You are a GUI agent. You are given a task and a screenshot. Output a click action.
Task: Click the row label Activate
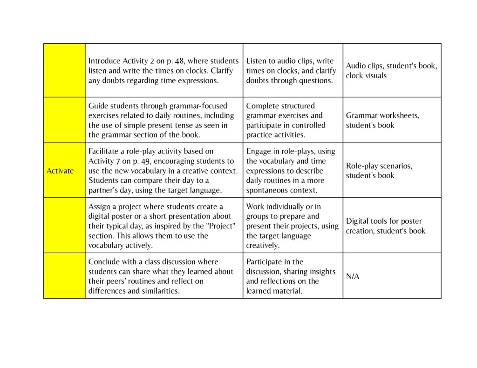(x=60, y=171)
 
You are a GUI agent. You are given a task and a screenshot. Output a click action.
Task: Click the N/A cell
(x=353, y=276)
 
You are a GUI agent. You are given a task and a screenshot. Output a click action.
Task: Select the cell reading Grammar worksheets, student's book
(x=382, y=120)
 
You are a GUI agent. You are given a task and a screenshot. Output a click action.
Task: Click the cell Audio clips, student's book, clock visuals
(x=391, y=71)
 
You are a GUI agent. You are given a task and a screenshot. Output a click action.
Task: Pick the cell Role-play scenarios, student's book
(x=379, y=171)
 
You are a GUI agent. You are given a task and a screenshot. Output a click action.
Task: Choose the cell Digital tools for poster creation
(x=385, y=226)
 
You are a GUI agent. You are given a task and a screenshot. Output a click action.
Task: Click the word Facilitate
(x=104, y=151)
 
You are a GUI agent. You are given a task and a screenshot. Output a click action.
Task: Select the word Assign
(x=99, y=207)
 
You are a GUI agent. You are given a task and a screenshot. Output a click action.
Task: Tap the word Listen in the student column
(x=256, y=61)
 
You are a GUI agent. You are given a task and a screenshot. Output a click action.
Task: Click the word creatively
(x=263, y=245)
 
